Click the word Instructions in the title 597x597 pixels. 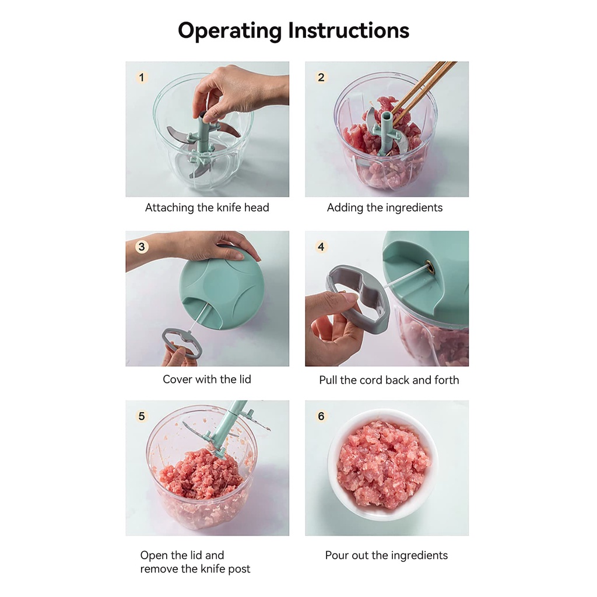point(349,30)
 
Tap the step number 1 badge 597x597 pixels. point(142,78)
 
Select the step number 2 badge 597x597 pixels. point(321,78)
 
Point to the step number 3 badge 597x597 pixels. point(142,247)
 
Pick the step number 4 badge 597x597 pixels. point(321,247)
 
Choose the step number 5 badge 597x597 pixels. point(142,416)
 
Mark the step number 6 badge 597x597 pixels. point(321,416)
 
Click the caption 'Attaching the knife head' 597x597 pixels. point(207,208)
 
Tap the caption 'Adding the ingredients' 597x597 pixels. point(385,208)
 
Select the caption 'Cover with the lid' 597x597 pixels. point(207,379)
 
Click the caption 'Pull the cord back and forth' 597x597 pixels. point(389,380)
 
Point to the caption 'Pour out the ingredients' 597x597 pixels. point(387,556)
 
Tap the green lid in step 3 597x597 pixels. point(222,289)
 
